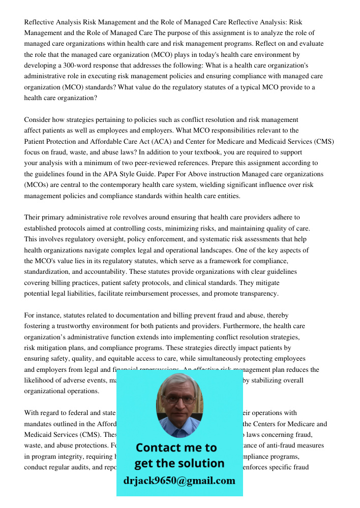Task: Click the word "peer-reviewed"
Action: click(170, 163)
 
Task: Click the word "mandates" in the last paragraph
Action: click(39, 424)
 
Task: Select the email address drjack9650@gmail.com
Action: click(179, 481)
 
